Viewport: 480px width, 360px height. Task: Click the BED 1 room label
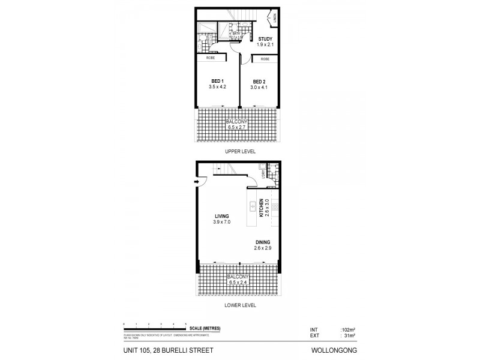[x=217, y=82]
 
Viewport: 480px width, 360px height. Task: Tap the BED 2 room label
[x=259, y=82]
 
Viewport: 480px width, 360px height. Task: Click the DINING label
[x=262, y=242]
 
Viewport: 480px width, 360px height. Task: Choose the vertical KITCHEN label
[x=261, y=206]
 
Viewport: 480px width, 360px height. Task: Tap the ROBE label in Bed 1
[x=211, y=58]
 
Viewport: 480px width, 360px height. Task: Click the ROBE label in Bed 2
[x=265, y=59]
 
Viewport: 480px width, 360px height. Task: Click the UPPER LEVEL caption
[x=240, y=152]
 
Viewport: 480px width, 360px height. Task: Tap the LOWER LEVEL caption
[x=240, y=305]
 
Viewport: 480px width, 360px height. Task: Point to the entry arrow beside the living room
[x=197, y=182]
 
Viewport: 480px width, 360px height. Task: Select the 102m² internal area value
[x=348, y=329]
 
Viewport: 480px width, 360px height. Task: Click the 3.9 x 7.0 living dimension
[x=221, y=223]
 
